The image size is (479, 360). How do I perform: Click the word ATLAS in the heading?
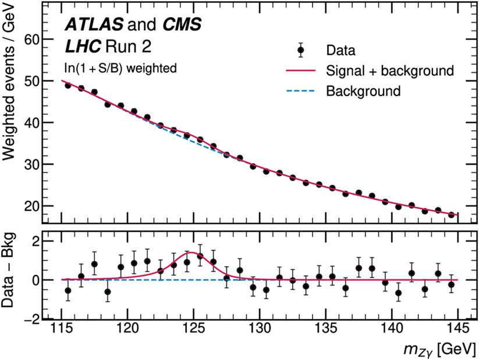click(95, 24)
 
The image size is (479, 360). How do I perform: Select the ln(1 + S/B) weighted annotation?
click(120, 68)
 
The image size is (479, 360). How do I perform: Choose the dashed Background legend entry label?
click(363, 91)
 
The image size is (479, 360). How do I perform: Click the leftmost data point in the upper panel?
click(68, 85)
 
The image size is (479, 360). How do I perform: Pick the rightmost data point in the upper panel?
click(451, 215)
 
